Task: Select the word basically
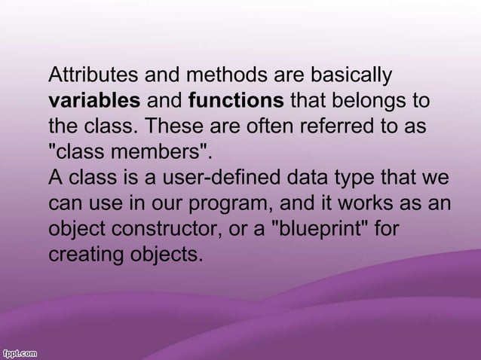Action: pos(348,75)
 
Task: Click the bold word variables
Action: pos(94,101)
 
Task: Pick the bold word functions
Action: pos(236,101)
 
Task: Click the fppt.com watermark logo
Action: pos(21,352)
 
